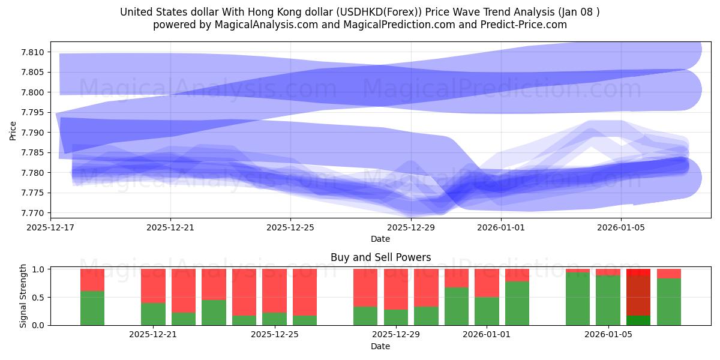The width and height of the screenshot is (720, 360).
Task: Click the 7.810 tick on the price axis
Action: coord(34,52)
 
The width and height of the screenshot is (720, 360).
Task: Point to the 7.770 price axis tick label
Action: coord(34,213)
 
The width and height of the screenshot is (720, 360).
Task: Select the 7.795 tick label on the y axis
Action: coord(34,112)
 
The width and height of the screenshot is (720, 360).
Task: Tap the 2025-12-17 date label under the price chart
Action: coord(50,227)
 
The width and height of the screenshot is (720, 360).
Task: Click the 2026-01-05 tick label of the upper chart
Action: coord(620,227)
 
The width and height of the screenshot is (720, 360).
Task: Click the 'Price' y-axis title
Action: coord(13,130)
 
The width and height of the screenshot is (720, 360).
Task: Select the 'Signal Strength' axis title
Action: coord(23,296)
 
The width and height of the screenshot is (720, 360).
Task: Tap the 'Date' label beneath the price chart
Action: coord(380,239)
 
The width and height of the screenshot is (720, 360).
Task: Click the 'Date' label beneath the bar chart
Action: coord(380,346)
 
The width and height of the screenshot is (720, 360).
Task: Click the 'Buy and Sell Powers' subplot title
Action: coord(380,257)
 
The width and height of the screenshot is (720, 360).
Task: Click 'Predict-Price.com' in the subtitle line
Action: coord(523,25)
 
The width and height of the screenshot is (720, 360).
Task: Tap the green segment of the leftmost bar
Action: coord(92,308)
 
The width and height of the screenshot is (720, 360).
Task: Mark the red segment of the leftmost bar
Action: coord(92,280)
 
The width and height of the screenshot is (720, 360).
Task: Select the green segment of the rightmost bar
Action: coord(669,302)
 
